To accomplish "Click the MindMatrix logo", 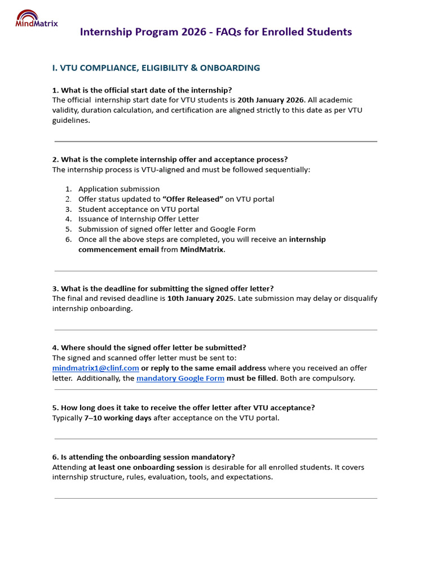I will [36, 19].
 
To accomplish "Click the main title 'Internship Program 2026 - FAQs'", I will [216, 32].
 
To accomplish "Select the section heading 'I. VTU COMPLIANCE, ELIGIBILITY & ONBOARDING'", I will [156, 68].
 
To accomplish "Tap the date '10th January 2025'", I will [201, 299].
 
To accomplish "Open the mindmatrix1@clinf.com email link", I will [96, 368].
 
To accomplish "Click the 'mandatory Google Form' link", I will [180, 378].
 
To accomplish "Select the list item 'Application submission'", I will [119, 189].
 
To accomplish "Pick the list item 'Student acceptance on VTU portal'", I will [139, 210].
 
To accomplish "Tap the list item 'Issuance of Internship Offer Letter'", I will [139, 219].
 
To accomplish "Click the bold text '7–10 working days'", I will [118, 418].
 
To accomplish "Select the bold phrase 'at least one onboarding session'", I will [145, 467].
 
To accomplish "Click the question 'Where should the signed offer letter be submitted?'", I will [153, 348].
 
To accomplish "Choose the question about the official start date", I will [146, 90].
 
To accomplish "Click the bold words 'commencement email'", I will [118, 250].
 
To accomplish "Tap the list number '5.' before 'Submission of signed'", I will [68, 229].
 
